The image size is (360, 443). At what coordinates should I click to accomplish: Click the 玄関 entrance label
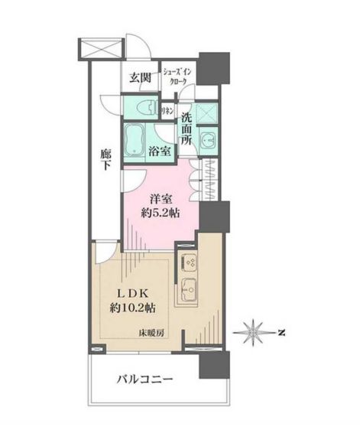(139, 77)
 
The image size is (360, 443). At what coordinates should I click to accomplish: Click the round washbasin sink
(209, 139)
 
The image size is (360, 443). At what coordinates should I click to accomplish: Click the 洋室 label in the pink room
(161, 197)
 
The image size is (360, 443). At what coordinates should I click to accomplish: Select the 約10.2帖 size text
(133, 309)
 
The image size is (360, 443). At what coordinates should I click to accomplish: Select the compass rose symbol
(254, 332)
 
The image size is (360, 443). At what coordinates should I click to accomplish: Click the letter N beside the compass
(281, 332)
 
